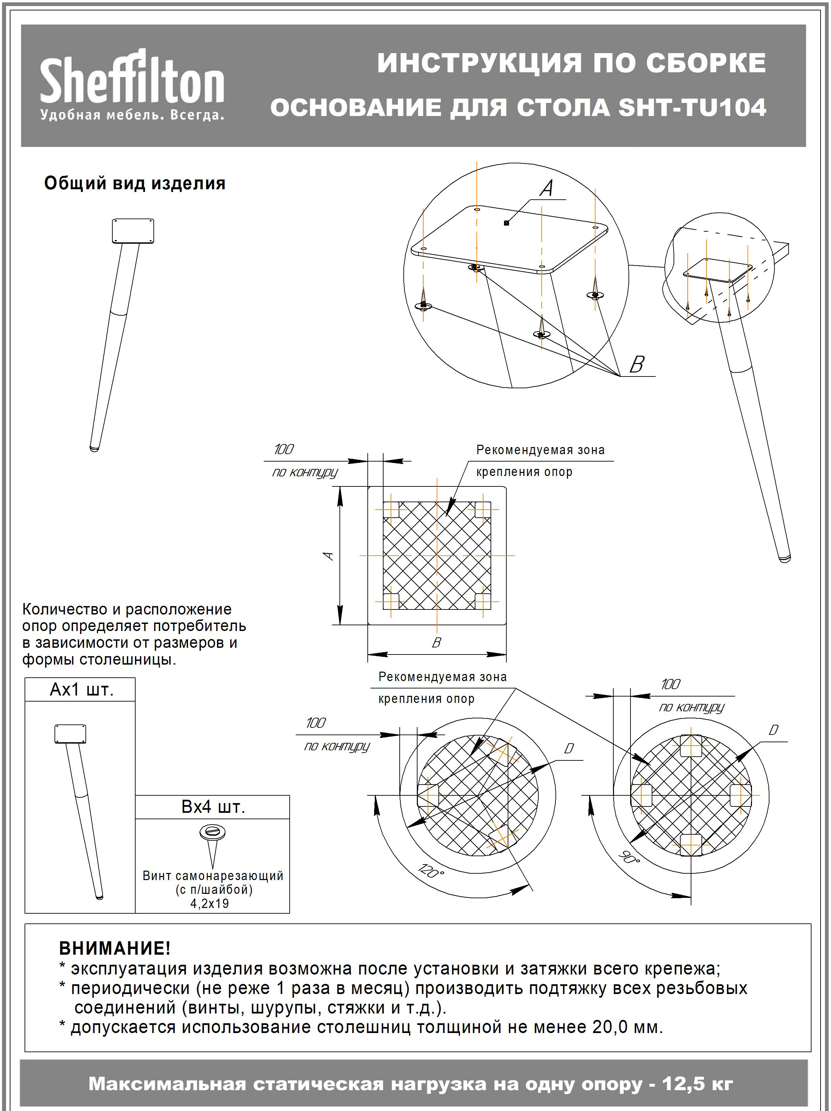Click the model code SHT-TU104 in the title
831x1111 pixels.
click(692, 108)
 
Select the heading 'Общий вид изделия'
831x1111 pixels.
click(135, 183)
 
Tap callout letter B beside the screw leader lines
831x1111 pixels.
click(637, 364)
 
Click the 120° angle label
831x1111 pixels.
click(431, 870)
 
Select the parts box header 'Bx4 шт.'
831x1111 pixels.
click(213, 807)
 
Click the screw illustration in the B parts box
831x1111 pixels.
click(213, 844)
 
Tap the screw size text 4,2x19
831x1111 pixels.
click(210, 904)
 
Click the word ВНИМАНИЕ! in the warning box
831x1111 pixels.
click(115, 948)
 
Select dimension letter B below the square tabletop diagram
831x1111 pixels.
click(436, 642)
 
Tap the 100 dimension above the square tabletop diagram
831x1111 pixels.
click(284, 449)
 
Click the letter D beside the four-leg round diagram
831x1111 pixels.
click(773, 730)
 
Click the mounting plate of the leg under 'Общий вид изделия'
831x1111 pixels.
click(133, 231)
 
